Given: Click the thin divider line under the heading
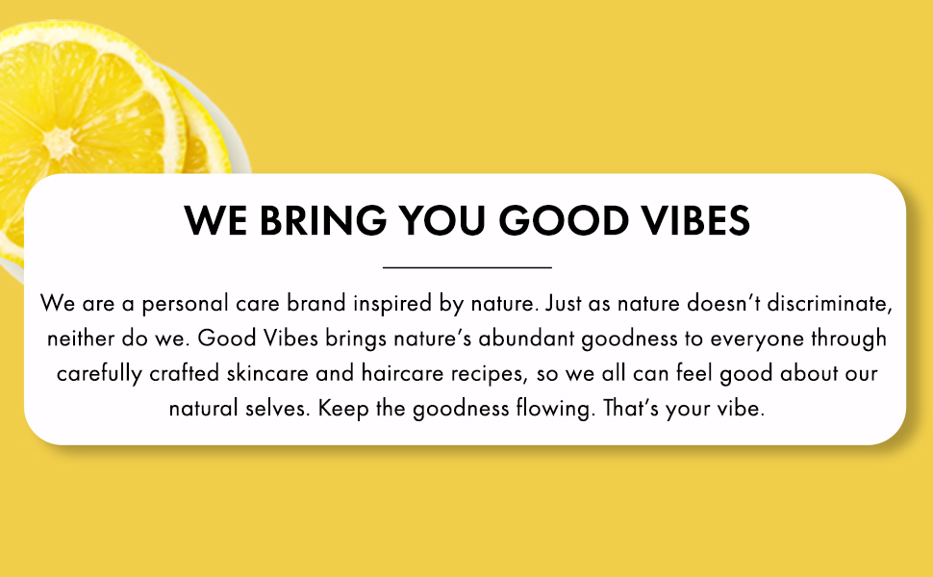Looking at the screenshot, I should click(x=466, y=266).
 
